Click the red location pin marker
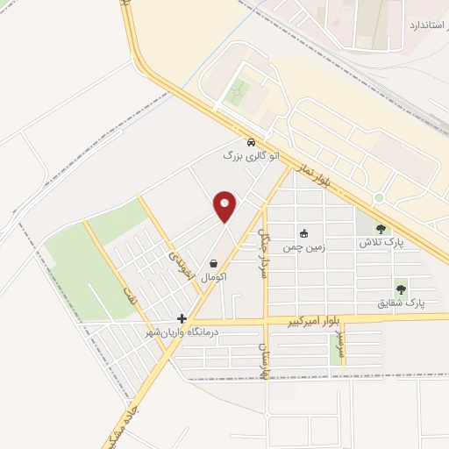[225, 206]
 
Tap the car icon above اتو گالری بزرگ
[251, 142]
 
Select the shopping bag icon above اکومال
[214, 262]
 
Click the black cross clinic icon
[182, 318]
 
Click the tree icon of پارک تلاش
[381, 230]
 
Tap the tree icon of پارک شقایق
[401, 288]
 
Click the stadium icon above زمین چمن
[304, 233]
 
